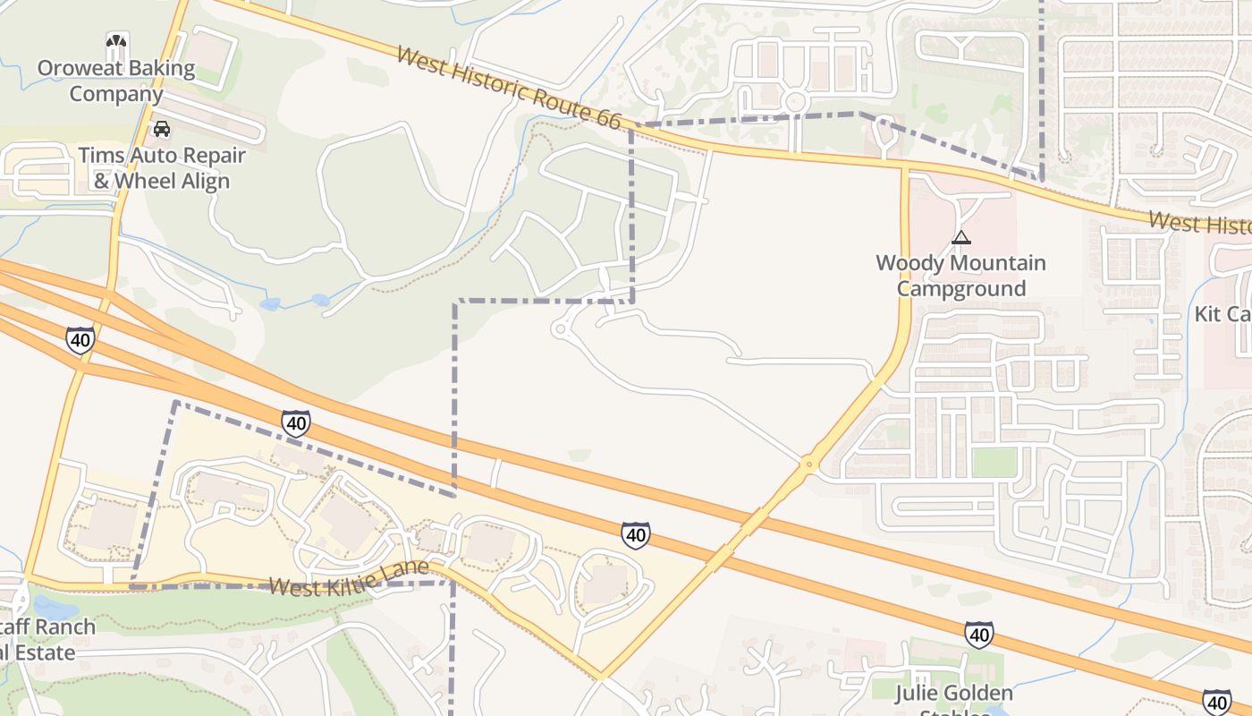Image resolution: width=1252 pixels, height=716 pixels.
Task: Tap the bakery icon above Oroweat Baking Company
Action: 116,41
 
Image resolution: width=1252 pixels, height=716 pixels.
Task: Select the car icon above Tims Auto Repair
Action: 162,129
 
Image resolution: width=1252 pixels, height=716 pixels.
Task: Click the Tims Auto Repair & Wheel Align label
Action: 162,167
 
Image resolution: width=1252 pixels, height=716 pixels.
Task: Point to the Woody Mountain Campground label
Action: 960,275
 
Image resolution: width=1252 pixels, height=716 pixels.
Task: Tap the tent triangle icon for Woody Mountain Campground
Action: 960,237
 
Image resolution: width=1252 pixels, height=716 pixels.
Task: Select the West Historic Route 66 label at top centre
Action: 508,88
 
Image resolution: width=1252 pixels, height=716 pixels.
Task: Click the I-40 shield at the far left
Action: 80,340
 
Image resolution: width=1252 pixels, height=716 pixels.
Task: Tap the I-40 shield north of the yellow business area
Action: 295,422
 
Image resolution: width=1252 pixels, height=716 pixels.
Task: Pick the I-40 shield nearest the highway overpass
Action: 635,535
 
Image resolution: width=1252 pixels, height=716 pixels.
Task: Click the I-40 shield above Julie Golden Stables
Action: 978,634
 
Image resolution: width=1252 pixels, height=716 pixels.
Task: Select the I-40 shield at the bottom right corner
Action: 1216,702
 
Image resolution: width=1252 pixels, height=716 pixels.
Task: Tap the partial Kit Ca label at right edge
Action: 1222,314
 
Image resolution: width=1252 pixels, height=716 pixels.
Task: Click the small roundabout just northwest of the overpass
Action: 808,464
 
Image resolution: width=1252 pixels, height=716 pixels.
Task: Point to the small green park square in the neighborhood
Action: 994,463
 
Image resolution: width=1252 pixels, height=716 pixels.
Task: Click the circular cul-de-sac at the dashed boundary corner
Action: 561,329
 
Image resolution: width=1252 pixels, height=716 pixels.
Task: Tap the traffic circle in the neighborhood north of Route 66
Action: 795,101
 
